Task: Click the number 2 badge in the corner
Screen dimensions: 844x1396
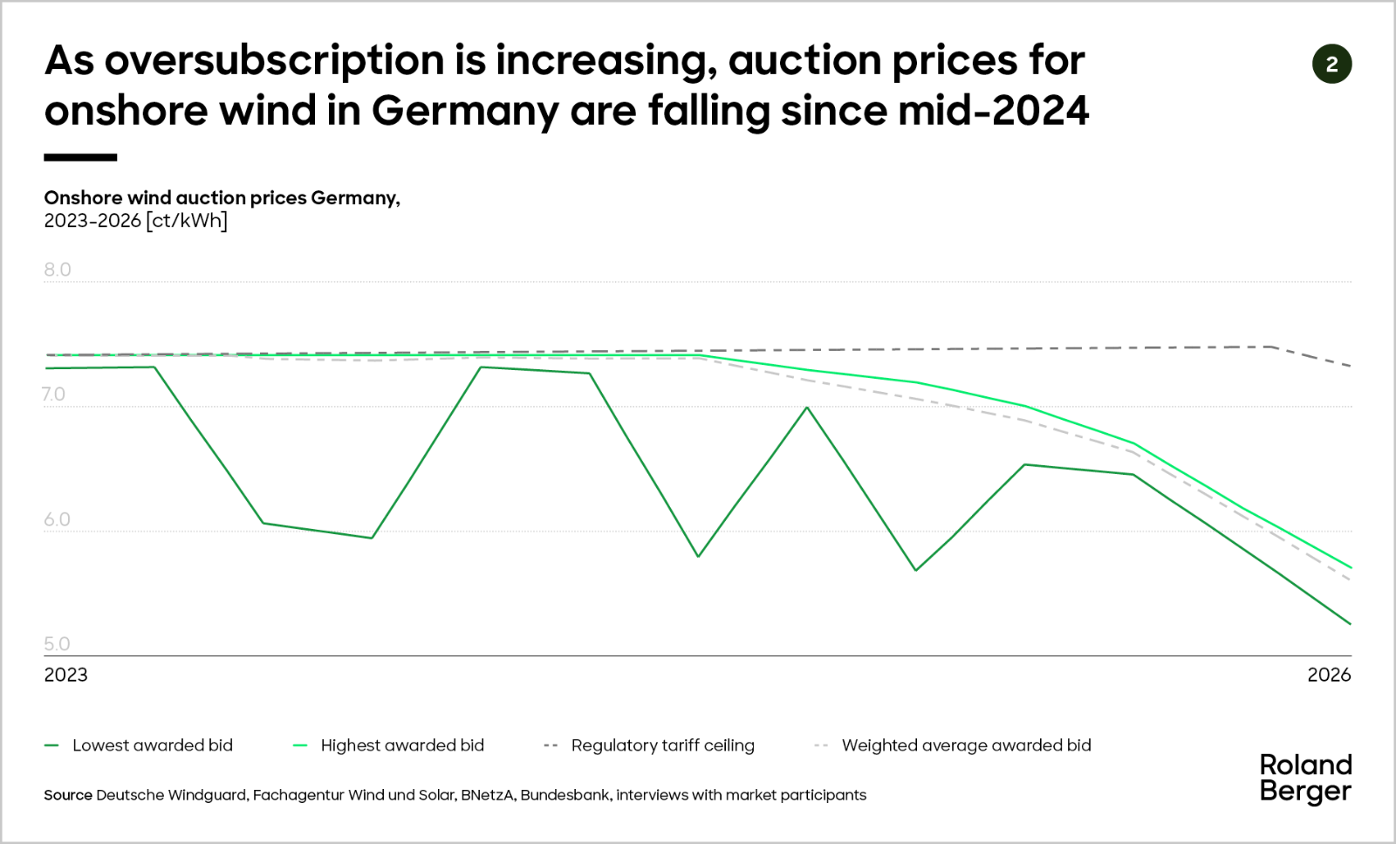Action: [1331, 65]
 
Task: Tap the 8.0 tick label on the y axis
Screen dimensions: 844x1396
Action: [58, 270]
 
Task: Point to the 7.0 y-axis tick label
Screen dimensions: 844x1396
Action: [53, 395]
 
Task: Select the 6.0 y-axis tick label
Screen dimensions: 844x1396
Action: [58, 519]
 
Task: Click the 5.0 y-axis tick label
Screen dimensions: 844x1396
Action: [58, 644]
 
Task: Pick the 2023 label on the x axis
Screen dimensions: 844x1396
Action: [66, 675]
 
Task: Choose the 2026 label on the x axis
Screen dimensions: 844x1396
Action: [1329, 675]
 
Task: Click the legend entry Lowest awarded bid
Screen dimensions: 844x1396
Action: [152, 745]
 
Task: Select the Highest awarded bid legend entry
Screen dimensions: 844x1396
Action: [401, 745]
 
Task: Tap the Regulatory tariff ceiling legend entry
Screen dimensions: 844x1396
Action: [662, 745]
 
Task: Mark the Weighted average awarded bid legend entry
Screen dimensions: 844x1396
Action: [966, 745]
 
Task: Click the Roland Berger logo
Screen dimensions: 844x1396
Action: [1305, 778]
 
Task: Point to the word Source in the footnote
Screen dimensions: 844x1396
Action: [68, 795]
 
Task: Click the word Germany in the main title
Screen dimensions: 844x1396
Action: [465, 111]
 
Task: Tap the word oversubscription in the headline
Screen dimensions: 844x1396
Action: [274, 60]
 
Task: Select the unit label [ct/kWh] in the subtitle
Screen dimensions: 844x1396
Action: [187, 221]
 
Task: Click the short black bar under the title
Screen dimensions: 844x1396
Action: [80, 158]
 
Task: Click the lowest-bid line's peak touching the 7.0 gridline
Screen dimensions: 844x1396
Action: [807, 408]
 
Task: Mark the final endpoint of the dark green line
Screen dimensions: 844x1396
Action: [1351, 624]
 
